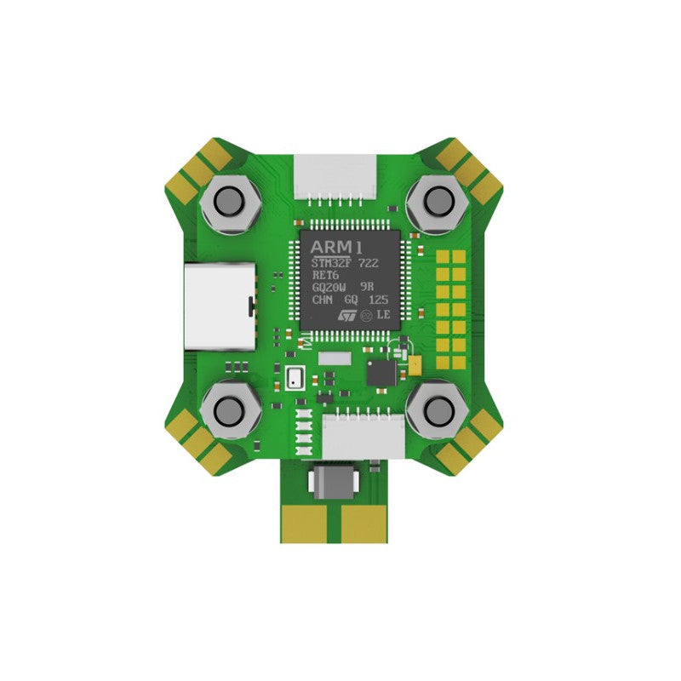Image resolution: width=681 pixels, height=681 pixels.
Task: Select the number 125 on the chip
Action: click(x=379, y=300)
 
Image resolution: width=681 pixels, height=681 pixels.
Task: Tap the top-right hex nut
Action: click(x=438, y=202)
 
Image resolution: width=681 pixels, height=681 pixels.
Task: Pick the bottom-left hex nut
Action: click(x=228, y=411)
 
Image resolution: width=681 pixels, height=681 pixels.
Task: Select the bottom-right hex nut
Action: click(x=438, y=411)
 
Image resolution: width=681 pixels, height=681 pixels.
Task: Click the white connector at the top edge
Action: click(x=335, y=177)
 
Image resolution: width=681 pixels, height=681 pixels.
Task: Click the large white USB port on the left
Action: click(x=218, y=306)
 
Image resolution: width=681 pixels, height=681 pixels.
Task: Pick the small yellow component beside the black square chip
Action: click(x=415, y=365)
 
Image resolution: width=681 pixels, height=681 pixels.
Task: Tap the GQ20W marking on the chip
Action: click(x=327, y=288)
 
